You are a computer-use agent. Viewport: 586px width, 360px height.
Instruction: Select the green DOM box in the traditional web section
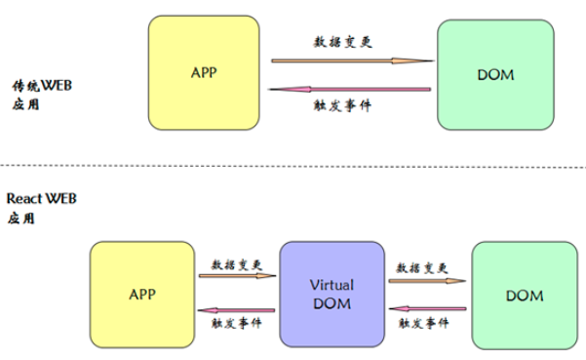(x=495, y=73)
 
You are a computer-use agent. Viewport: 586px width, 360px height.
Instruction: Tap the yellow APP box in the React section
(x=142, y=292)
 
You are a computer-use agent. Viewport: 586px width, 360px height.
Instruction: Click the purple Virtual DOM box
(x=331, y=294)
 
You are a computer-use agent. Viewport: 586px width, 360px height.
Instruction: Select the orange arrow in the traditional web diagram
(x=352, y=61)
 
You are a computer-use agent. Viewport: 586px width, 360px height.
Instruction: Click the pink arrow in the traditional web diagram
(x=352, y=90)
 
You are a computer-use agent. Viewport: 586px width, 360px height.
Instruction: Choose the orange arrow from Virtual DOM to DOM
(x=425, y=279)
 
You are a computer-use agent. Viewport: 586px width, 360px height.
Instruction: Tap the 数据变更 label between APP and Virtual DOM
(x=238, y=263)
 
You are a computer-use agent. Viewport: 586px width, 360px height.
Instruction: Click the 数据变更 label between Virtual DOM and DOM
(x=422, y=265)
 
